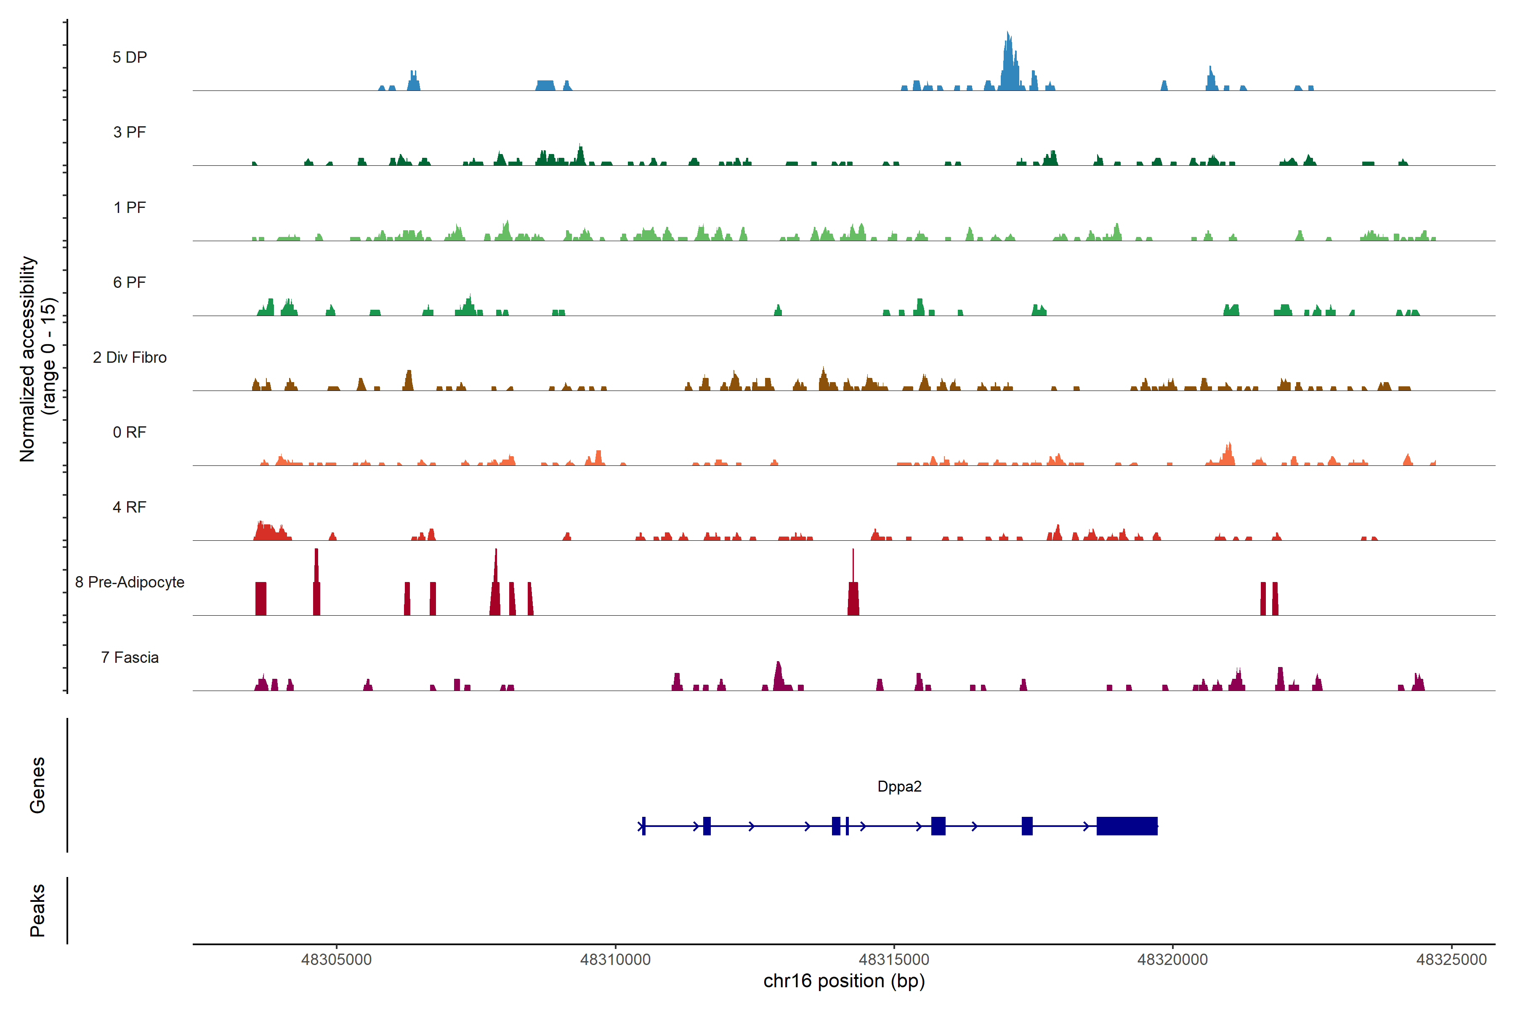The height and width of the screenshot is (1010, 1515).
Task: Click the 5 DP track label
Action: coord(130,57)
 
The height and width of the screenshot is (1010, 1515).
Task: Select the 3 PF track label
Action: coord(130,132)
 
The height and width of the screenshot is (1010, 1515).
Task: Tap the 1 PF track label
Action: coord(130,207)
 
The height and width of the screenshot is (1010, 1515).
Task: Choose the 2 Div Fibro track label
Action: coord(130,357)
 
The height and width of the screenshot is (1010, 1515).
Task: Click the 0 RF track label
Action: coord(130,432)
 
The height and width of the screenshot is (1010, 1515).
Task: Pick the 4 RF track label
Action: coord(130,507)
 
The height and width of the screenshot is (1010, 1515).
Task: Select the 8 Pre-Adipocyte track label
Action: coord(130,582)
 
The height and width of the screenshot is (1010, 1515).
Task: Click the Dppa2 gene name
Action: coord(899,787)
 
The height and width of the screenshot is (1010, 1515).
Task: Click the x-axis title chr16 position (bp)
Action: coord(844,981)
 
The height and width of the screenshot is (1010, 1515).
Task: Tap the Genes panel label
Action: coord(37,785)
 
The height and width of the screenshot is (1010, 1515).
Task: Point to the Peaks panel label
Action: coord(37,910)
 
